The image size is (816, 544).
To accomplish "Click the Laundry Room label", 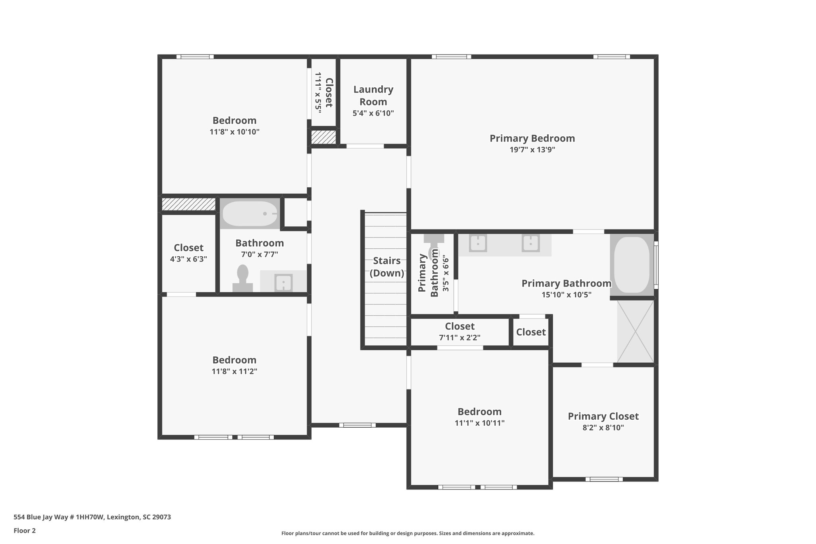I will pyautogui.click(x=373, y=95).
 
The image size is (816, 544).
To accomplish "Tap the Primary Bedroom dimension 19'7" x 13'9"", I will pyautogui.click(x=532, y=150).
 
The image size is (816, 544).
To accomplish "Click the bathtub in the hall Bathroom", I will pyautogui.click(x=250, y=214).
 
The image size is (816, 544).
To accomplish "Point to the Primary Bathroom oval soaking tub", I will pyautogui.click(x=632, y=265).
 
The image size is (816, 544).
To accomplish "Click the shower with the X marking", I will pyautogui.click(x=635, y=331).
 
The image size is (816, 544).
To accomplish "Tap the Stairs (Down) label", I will pyautogui.click(x=386, y=267).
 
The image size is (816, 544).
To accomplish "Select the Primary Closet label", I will pyautogui.click(x=603, y=416).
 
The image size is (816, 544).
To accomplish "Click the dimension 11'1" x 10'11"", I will pyautogui.click(x=479, y=423).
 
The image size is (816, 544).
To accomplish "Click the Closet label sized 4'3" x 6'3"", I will pyautogui.click(x=188, y=247).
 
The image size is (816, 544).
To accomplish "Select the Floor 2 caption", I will pyautogui.click(x=25, y=530).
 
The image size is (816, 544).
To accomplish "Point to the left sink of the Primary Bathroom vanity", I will pyautogui.click(x=478, y=243).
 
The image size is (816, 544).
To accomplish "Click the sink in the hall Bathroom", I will pyautogui.click(x=283, y=283).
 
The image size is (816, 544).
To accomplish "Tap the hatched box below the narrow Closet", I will pyautogui.click(x=323, y=137).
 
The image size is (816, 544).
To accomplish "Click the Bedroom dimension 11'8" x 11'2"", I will pyautogui.click(x=234, y=371).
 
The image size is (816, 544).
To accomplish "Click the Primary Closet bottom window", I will pyautogui.click(x=604, y=479).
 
